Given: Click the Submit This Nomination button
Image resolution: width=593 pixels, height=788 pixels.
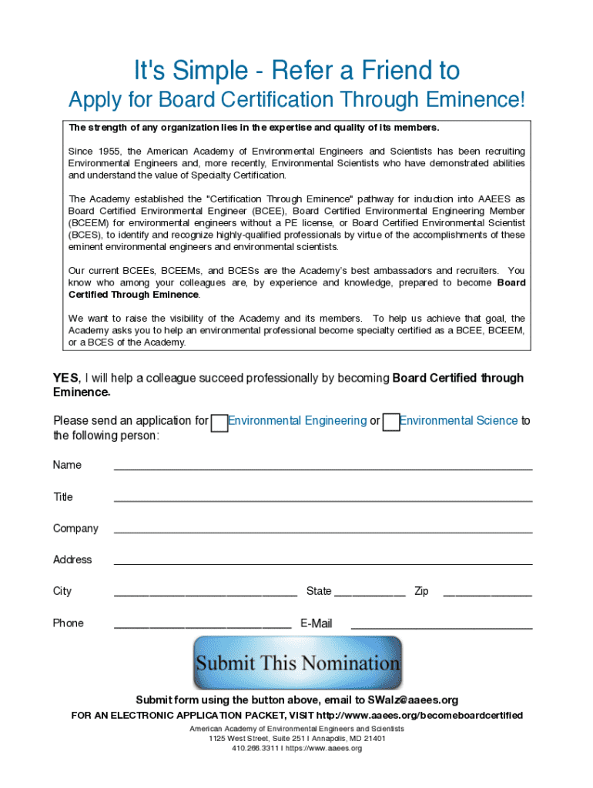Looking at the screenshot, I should (297, 663).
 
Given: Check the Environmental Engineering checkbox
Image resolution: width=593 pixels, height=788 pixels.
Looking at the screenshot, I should (219, 422).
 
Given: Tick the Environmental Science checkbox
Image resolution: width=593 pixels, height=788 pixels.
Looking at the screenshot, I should (391, 422).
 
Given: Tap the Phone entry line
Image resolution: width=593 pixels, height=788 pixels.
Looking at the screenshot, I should (202, 623).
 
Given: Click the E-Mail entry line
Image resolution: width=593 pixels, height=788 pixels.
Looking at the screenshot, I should (441, 623).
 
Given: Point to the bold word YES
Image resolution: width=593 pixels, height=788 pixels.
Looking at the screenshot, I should (65, 378).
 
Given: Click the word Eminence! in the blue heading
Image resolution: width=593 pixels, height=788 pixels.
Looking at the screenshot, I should (477, 100).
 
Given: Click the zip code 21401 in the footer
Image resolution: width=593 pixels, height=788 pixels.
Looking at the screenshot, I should (374, 738).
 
